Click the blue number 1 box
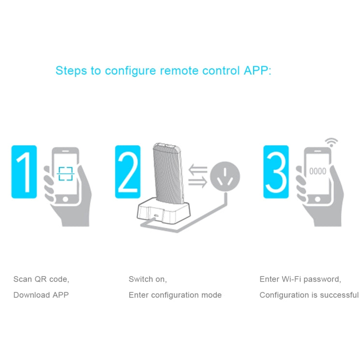pyautogui.click(x=24, y=171)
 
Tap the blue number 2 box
pyautogui.click(x=128, y=171)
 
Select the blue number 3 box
pyautogui.click(x=276, y=171)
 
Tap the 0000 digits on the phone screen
pyautogui.click(x=318, y=171)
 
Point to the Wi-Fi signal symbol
pyautogui.click(x=331, y=143)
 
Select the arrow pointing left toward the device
pyautogui.click(x=197, y=170)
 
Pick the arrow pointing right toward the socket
pyautogui.click(x=197, y=182)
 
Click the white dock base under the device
pyautogui.click(x=165, y=213)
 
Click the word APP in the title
pyautogui.click(x=255, y=71)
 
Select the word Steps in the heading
pyautogui.click(x=71, y=71)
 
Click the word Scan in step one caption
pyautogui.click(x=22, y=279)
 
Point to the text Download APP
pyautogui.click(x=41, y=295)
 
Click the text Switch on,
pyautogui.click(x=148, y=279)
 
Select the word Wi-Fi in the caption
pyautogui.click(x=292, y=279)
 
